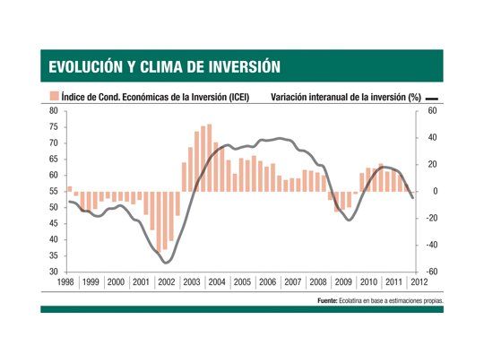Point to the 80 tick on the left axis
(x=53, y=111)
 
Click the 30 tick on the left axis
(x=53, y=272)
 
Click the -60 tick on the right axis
(x=429, y=272)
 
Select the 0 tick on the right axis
(x=432, y=191)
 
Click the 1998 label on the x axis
(x=65, y=281)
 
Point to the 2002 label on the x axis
(x=166, y=281)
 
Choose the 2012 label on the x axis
(x=418, y=281)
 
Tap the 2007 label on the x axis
(x=292, y=281)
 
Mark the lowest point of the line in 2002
(x=166, y=263)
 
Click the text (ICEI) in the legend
(x=236, y=98)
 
